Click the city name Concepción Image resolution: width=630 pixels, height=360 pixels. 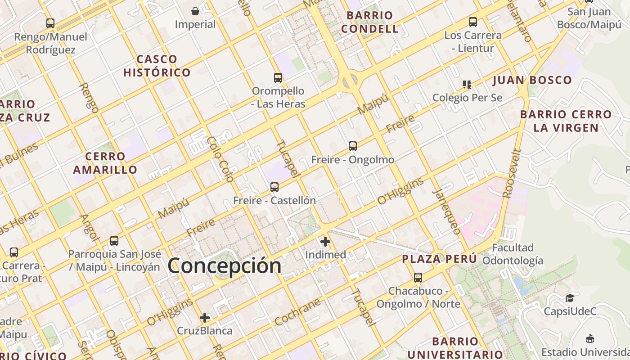coord(225,265)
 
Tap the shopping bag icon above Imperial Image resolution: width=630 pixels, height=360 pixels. coord(195,11)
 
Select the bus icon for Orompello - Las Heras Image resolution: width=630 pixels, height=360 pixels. coord(278,78)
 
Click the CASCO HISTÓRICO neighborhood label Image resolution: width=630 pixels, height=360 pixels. coord(157,66)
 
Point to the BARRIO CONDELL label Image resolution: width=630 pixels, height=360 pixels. coord(369,22)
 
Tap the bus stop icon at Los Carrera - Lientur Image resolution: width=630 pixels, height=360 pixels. coord(472,22)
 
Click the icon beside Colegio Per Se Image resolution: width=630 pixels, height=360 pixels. coord(467,84)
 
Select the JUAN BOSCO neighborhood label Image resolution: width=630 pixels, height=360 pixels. coord(532,81)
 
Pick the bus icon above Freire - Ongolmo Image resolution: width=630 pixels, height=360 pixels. coord(353,146)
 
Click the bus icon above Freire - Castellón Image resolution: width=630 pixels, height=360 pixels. coord(274,187)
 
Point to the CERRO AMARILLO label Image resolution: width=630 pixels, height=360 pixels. coord(105,163)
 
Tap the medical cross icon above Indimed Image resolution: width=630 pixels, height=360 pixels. coord(325,242)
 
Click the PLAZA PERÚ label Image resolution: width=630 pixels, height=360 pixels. coord(439,259)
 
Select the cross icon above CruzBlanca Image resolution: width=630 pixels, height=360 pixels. coord(205,318)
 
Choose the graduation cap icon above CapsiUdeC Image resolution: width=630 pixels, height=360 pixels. coord(570,298)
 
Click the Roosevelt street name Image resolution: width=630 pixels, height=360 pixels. coord(512,174)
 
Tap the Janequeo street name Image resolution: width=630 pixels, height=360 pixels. coord(446,211)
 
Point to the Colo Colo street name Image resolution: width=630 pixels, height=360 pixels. coord(220,159)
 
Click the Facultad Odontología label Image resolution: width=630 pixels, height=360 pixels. coord(513,254)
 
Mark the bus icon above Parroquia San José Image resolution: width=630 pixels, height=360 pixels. coord(114,241)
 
